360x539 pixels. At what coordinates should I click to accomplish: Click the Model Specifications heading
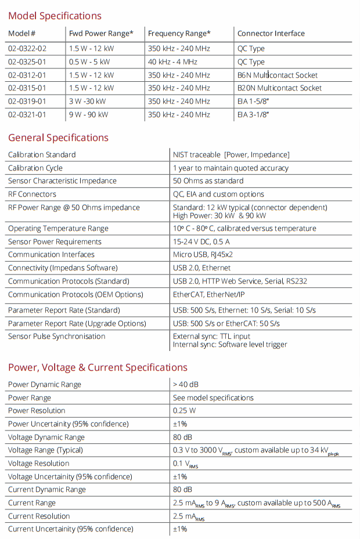point(55,16)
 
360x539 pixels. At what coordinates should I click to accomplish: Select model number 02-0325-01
point(27,62)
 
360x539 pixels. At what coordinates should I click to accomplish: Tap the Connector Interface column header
point(271,33)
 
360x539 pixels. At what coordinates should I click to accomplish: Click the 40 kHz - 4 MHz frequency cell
point(172,62)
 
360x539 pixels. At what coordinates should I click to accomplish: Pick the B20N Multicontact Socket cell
point(279,88)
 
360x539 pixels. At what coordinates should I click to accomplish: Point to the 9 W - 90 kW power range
point(88,114)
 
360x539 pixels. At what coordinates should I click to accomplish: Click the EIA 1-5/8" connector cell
point(253,101)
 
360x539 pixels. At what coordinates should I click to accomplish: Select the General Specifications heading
point(58,138)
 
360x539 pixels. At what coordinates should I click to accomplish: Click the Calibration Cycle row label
point(35,168)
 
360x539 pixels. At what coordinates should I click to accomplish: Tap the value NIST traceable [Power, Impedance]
point(231,154)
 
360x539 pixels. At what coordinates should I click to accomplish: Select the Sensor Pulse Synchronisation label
point(56,336)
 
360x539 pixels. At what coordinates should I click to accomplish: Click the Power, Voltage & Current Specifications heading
point(98,367)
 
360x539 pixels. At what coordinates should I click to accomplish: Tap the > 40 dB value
point(185,384)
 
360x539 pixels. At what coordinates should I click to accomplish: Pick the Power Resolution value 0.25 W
point(185,410)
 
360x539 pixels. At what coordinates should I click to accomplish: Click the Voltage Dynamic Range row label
point(46,437)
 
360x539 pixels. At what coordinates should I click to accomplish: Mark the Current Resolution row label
point(39,516)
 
